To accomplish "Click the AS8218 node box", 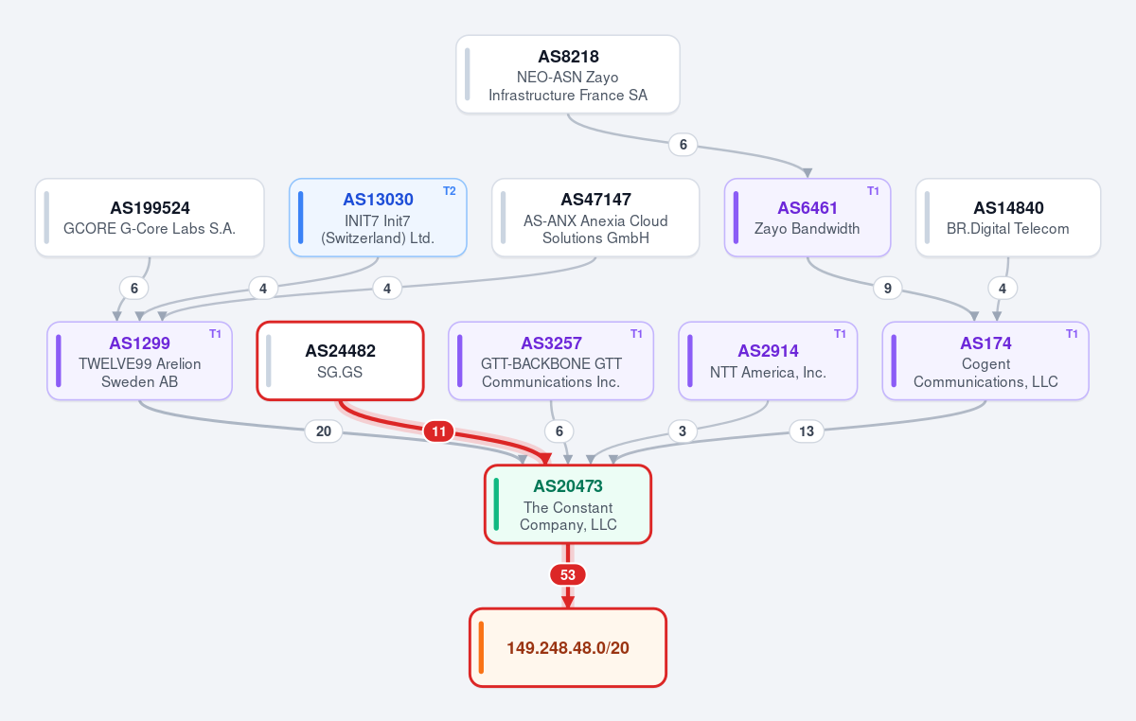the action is point(567,75).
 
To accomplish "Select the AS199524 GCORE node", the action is point(150,218).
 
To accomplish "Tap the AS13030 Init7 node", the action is point(378,218).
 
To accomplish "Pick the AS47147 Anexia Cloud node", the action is point(595,218).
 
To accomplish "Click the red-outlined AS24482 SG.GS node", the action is point(340,361).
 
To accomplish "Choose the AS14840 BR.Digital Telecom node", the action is point(1008,218).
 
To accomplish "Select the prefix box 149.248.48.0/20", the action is point(567,647).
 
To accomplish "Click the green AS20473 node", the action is point(567,504).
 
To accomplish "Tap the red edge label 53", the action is point(567,575).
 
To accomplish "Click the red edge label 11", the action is point(438,431).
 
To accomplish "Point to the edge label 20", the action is point(324,431).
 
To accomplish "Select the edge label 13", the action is point(807,431).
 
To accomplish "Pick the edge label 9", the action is point(888,289).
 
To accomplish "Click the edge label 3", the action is point(683,431).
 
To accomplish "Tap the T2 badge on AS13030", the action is point(450,191).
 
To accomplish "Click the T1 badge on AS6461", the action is point(873,191).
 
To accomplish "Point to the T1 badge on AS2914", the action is point(840,334).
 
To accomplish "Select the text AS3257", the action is point(551,343).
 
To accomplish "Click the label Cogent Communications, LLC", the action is point(985,373).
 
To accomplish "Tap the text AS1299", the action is point(139,343).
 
